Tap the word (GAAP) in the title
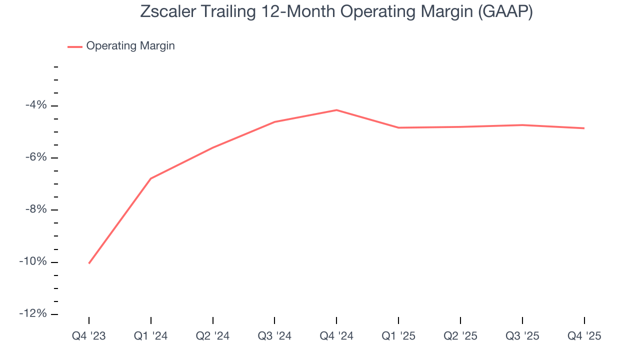pos(505,11)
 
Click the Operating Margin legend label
pos(130,46)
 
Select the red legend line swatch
pos(75,46)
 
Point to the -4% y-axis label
pos(36,105)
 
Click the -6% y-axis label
pos(36,157)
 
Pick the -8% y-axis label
pos(36,209)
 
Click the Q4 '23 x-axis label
pos(89,336)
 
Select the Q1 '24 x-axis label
pos(151,336)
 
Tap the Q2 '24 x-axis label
pos(213,336)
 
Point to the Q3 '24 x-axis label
pos(274,336)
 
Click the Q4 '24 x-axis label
pos(336,336)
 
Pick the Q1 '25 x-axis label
pos(398,336)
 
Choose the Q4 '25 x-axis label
pos(584,336)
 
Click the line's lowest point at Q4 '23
pos(89,263)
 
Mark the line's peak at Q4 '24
pos(336,110)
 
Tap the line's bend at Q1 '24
pos(151,178)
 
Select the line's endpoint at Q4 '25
pos(584,128)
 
